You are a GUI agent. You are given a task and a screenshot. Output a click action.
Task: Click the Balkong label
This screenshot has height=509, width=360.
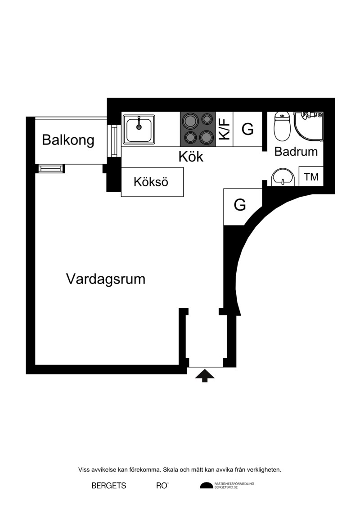pyautogui.click(x=68, y=140)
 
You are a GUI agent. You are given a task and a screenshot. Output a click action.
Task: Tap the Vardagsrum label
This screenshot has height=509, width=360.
pyautogui.click(x=106, y=279)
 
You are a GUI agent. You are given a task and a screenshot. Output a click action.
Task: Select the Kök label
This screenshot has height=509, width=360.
pyautogui.click(x=191, y=157)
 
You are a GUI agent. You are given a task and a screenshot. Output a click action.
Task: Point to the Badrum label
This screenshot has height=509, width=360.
pyautogui.click(x=296, y=152)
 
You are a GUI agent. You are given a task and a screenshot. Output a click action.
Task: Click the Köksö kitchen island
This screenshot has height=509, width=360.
pyautogui.click(x=152, y=182)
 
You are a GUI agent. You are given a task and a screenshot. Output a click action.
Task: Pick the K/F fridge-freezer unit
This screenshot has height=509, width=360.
pyautogui.click(x=224, y=129)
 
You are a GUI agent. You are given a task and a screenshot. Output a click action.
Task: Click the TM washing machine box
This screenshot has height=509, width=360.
pyautogui.click(x=311, y=176)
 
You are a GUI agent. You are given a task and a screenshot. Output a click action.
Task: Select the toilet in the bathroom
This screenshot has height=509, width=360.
pyautogui.click(x=282, y=126)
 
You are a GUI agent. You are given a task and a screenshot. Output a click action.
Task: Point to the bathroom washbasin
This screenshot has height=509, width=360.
pyautogui.click(x=283, y=177)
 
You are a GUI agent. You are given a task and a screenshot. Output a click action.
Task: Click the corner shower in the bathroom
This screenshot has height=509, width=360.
pyautogui.click(x=308, y=126)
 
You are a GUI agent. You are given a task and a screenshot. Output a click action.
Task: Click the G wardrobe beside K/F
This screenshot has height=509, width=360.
pyautogui.click(x=247, y=129)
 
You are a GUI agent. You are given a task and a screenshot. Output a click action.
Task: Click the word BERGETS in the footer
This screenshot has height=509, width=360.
pyautogui.click(x=109, y=486)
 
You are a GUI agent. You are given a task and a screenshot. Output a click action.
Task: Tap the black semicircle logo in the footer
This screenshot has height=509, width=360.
pyautogui.click(x=207, y=485)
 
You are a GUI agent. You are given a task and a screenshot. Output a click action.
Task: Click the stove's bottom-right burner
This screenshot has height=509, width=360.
pyautogui.click(x=206, y=137)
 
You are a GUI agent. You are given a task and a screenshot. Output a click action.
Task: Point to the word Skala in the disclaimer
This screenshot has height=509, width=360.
pyautogui.click(x=170, y=470)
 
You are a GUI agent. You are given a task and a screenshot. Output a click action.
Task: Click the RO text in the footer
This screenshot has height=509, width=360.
pyautogui.click(x=162, y=486)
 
